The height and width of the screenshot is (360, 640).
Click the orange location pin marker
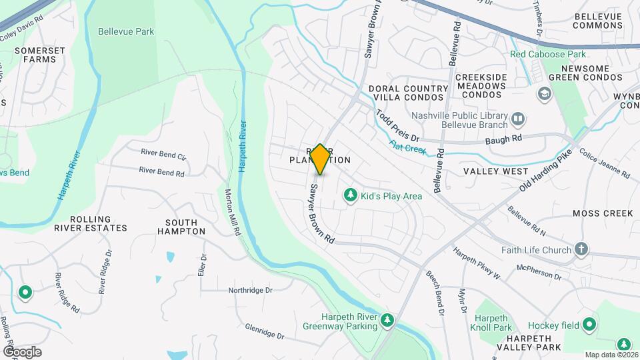(x=320, y=159)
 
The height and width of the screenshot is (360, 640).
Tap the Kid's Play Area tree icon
(x=349, y=195)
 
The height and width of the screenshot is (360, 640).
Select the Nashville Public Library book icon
(x=518, y=119)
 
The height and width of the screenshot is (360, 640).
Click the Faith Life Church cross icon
(x=581, y=250)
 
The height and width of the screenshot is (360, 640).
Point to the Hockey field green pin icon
(x=589, y=325)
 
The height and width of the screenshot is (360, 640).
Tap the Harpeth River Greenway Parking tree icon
(x=387, y=321)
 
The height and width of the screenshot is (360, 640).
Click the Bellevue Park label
(x=125, y=31)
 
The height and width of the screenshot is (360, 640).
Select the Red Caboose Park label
(x=547, y=53)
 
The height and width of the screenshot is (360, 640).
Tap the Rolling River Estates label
(x=99, y=223)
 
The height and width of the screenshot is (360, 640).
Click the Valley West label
(x=495, y=171)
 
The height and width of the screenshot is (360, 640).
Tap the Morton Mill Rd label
(x=232, y=213)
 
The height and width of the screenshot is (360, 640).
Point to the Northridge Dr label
(x=251, y=290)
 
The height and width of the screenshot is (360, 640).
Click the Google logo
(x=22, y=351)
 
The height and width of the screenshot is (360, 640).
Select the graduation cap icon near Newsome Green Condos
(x=544, y=93)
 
